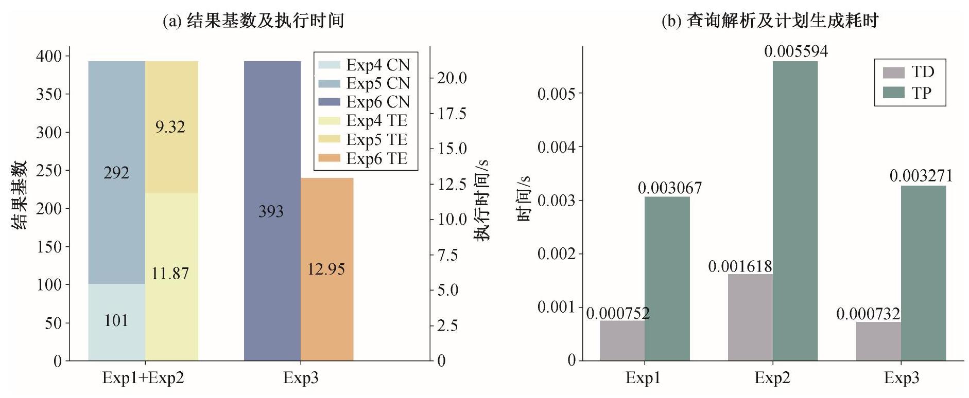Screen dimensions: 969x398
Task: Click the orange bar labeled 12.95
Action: point(327,269)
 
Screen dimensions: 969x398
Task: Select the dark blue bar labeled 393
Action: point(272,211)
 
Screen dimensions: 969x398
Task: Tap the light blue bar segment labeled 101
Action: point(116,322)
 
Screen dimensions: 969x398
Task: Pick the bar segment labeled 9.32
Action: point(171,127)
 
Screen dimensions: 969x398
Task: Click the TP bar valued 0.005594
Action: point(795,211)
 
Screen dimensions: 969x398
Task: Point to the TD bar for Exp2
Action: point(750,317)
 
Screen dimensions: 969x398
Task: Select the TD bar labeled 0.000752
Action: point(622,340)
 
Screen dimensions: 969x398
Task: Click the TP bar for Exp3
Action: point(923,273)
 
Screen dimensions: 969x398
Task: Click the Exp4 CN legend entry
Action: point(364,65)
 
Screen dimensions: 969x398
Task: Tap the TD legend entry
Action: point(909,72)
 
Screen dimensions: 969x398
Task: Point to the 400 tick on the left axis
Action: point(49,56)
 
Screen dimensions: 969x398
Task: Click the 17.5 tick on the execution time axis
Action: point(452,113)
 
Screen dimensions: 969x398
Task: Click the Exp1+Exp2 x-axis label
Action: point(143,378)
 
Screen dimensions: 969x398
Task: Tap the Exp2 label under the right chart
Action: point(772,378)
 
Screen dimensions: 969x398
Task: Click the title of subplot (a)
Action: point(253,21)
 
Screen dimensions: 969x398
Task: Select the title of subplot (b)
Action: point(769,21)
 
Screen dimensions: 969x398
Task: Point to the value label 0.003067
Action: point(670,188)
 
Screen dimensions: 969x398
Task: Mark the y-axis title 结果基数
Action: point(20,195)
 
